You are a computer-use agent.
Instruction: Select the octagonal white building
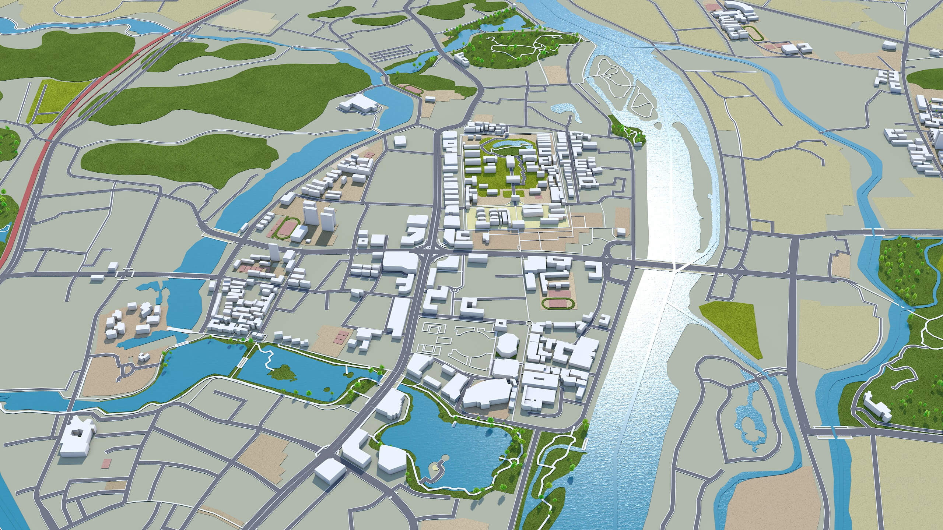[x=507, y=346]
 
